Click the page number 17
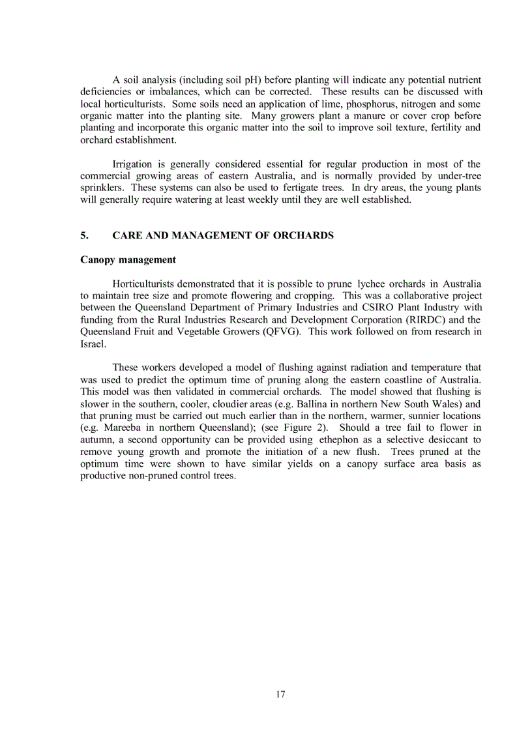280,694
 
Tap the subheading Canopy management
128,259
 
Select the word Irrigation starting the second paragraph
132,164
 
